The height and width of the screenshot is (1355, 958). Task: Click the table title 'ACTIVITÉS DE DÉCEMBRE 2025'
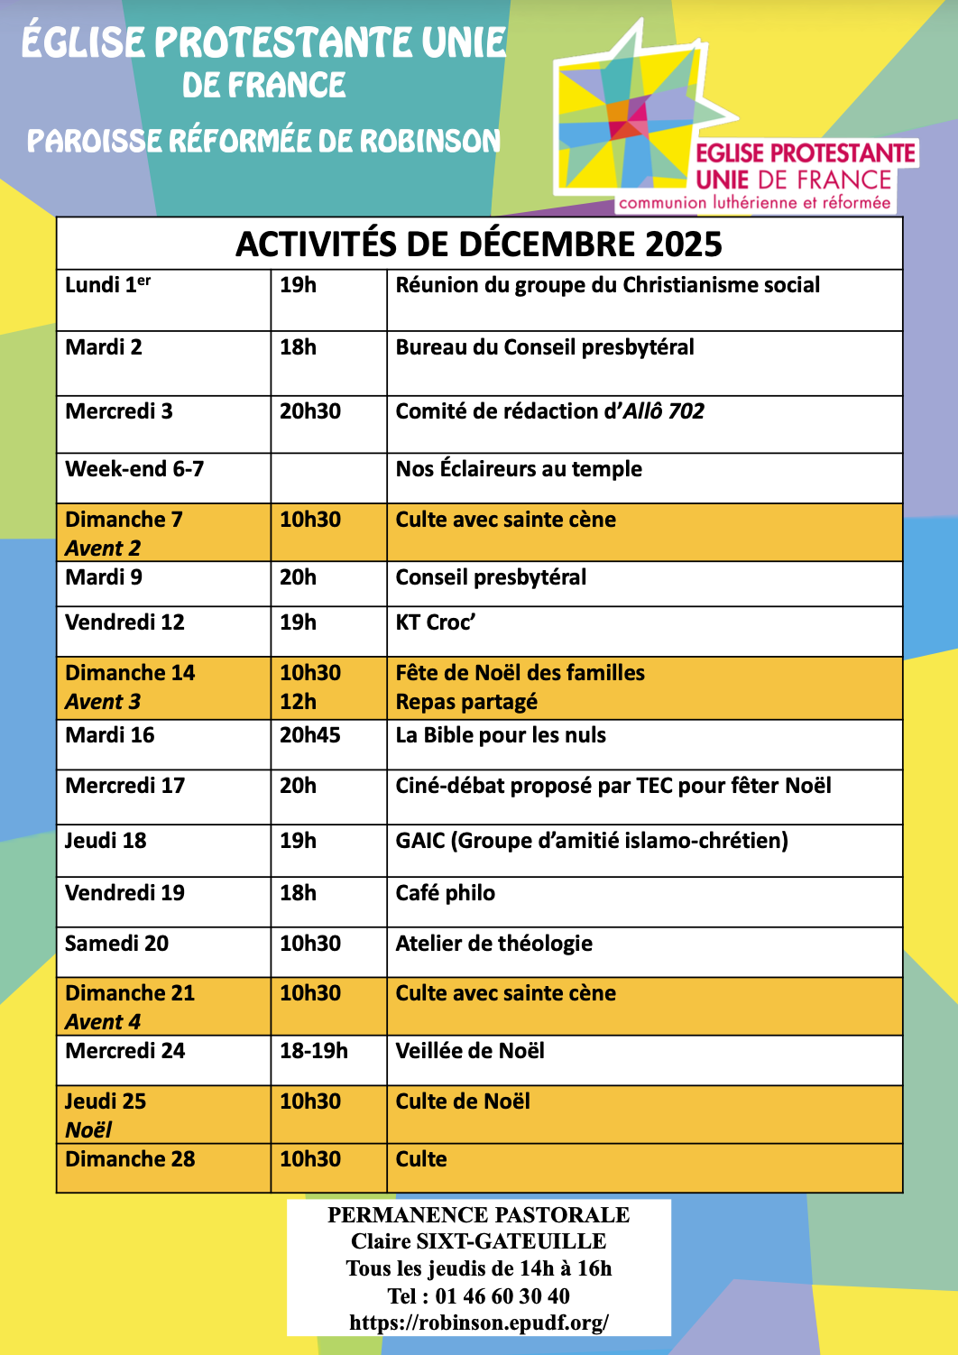(x=479, y=244)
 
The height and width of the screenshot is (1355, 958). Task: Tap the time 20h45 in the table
(x=309, y=735)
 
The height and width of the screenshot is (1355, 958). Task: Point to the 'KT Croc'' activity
(x=436, y=622)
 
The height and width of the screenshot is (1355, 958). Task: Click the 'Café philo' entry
(x=446, y=893)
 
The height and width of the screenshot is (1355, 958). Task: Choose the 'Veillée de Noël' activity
(x=470, y=1051)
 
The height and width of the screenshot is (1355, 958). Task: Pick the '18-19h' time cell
(x=313, y=1051)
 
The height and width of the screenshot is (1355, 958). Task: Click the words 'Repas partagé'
(x=466, y=702)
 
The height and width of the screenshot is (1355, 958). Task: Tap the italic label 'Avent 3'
(x=103, y=702)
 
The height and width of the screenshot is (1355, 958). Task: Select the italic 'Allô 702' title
(x=664, y=411)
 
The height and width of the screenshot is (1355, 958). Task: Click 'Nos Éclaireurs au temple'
(x=519, y=469)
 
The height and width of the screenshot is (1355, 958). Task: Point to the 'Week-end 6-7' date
(x=134, y=469)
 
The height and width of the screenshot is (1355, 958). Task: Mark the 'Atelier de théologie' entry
(x=494, y=944)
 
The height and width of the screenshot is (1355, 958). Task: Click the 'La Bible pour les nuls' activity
(x=501, y=735)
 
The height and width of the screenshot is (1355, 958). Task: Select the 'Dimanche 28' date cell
(x=130, y=1159)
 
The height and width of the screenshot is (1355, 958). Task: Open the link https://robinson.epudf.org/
(x=479, y=1323)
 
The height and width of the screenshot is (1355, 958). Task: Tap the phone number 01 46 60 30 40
(x=502, y=1296)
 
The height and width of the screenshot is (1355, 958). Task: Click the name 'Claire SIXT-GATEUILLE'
(x=479, y=1241)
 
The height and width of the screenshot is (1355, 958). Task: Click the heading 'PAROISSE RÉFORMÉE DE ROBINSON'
(x=263, y=141)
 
